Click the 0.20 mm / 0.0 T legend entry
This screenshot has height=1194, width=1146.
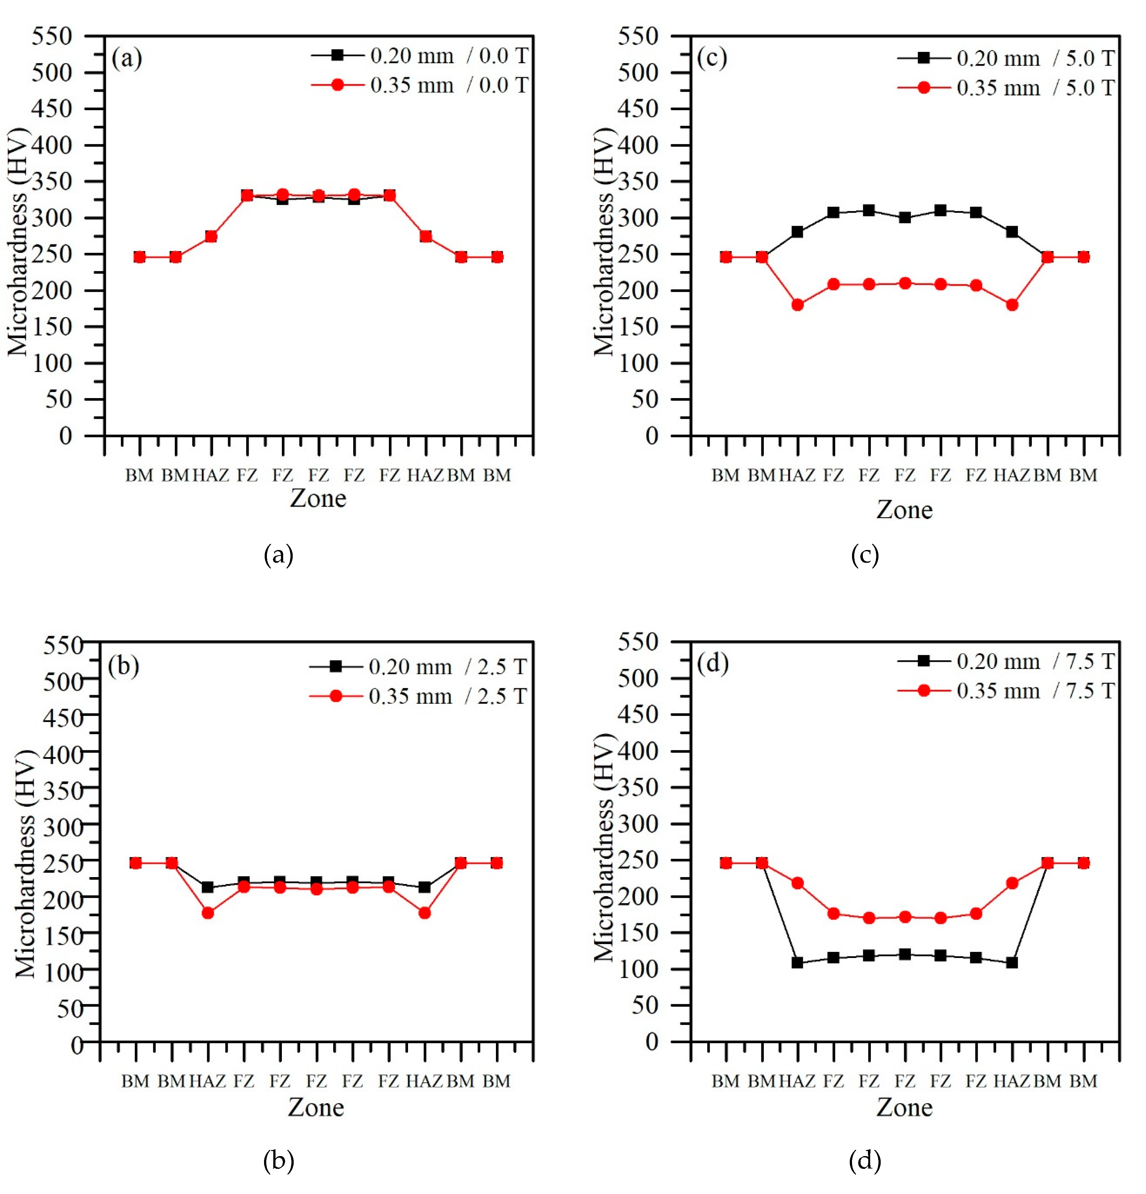[419, 55]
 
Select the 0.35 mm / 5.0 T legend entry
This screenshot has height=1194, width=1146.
[1005, 88]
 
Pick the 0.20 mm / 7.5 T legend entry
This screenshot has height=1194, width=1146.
[1005, 661]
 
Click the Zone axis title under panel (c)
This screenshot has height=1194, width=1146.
[904, 509]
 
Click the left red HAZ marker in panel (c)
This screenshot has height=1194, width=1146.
[797, 304]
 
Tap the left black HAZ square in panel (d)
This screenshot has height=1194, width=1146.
[797, 962]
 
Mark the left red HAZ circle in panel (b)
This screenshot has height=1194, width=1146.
[208, 912]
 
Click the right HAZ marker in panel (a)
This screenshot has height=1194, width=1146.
[425, 236]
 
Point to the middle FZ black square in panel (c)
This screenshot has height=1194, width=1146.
[905, 218]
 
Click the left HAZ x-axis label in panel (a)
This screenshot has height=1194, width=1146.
[211, 475]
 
